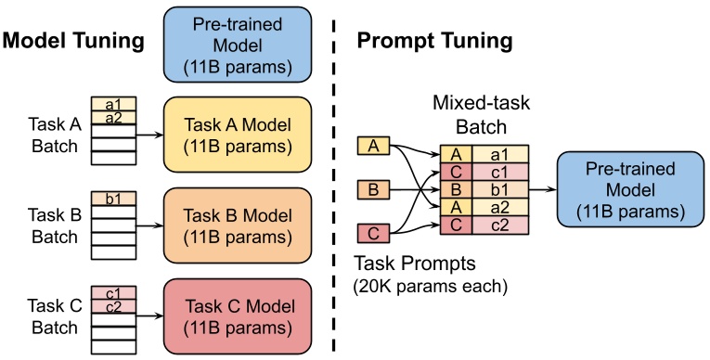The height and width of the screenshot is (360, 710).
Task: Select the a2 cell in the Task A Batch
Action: point(113,118)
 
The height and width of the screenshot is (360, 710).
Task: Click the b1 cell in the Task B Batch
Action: point(113,199)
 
